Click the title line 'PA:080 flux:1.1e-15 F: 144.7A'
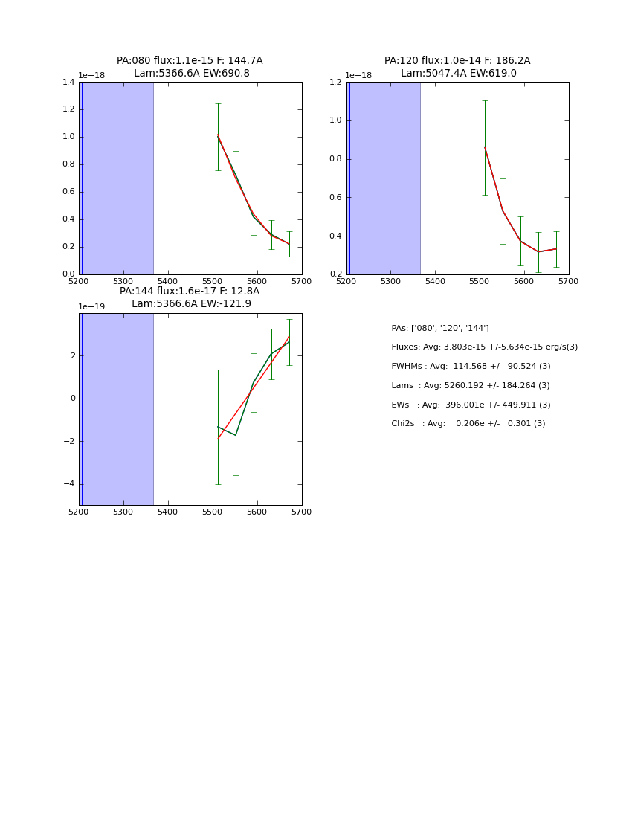coord(190,61)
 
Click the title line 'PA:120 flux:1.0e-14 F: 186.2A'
coord(457,61)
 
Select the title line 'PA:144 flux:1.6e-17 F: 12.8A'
coord(190,292)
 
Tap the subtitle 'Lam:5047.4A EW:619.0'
coord(458,74)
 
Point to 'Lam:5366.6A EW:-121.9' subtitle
coord(191,304)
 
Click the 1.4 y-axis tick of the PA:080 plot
coord(68,83)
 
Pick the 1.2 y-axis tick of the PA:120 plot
coord(336,83)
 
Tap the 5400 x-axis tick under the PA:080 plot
coord(168,282)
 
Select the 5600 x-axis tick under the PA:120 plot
coord(524,282)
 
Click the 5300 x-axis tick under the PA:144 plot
coord(123,512)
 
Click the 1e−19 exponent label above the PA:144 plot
coord(91,306)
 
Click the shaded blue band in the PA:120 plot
coord(384,178)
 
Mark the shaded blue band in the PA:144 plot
coord(117,409)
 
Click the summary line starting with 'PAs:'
coord(440,329)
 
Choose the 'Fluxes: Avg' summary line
coord(484,347)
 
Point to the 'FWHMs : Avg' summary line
coord(471,367)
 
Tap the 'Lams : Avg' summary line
coord(470,386)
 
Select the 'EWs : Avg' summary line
coord(471,405)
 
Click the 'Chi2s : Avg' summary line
coord(468,424)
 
